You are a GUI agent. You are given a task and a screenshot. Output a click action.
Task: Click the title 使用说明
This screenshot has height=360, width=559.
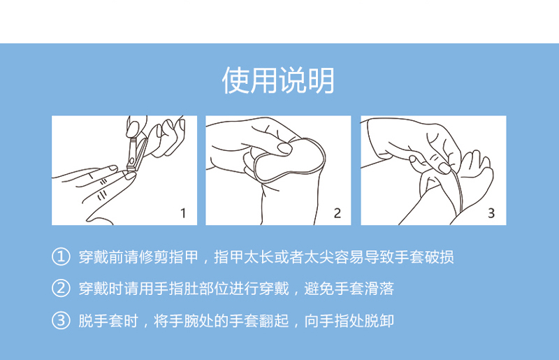click(278, 80)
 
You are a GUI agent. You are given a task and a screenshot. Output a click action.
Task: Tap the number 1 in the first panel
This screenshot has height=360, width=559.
click(183, 213)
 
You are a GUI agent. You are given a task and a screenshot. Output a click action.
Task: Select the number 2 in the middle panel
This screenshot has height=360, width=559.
click(337, 213)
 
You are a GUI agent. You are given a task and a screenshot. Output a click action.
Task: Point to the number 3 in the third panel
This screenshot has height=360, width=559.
click(491, 213)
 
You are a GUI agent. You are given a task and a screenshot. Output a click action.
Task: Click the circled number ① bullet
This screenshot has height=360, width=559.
click(61, 257)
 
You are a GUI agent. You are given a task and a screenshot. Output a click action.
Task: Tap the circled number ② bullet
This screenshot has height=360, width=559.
click(61, 288)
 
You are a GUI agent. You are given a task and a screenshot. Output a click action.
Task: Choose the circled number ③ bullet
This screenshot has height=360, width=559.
click(61, 320)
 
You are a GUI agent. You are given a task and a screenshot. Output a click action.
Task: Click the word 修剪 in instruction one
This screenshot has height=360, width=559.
click(154, 257)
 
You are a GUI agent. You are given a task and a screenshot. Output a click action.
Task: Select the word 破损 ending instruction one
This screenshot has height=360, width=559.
click(440, 257)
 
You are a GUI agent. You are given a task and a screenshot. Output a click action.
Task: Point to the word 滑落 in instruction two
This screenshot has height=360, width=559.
click(379, 289)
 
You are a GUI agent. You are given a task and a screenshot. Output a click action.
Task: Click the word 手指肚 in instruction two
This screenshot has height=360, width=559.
click(176, 289)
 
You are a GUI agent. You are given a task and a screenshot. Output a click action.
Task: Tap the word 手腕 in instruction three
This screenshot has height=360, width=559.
click(184, 321)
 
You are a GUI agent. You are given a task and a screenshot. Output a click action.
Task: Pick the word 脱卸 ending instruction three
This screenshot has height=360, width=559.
click(379, 321)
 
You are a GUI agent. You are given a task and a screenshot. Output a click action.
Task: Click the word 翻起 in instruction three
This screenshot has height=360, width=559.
click(274, 321)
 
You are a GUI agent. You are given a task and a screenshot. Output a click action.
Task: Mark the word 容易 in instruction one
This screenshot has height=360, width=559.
click(349, 257)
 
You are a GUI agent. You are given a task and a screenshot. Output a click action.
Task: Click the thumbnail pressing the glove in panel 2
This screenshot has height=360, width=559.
click(285, 148)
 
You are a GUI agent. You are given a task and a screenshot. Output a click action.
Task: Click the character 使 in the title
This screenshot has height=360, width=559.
click(235, 80)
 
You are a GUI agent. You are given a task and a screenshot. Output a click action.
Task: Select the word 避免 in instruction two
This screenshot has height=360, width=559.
click(319, 289)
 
